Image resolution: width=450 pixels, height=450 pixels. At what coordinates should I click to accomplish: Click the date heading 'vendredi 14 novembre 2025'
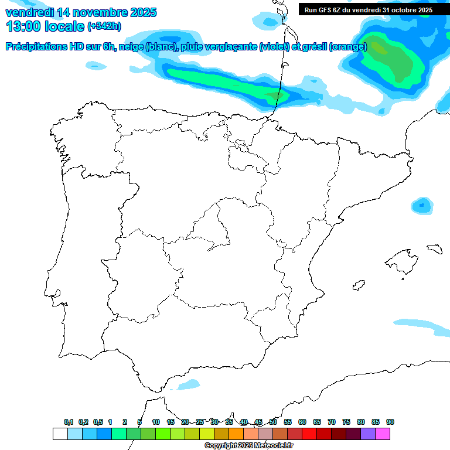tap(81, 12)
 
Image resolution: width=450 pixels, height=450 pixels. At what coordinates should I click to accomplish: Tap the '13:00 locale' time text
tap(45, 26)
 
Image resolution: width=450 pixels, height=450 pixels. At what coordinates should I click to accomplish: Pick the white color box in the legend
tap(60, 434)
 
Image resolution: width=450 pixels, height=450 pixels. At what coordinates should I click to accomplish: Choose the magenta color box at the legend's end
tap(383, 434)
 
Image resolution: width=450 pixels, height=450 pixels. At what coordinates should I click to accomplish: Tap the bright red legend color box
tap(309, 434)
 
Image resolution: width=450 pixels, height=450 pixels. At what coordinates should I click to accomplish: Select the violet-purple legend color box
tap(368, 434)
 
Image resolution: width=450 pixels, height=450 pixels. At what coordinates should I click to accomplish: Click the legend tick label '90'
tap(390, 422)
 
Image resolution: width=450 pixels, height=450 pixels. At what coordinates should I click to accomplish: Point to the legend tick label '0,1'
tap(69, 422)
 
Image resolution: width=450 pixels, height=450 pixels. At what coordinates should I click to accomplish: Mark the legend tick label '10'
tap(156, 422)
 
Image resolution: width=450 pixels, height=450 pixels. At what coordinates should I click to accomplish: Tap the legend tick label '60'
tap(302, 422)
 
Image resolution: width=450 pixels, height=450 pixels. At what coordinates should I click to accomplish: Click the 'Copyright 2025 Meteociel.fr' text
tap(249, 446)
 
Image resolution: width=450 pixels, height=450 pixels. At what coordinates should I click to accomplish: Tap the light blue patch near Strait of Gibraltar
tap(189, 384)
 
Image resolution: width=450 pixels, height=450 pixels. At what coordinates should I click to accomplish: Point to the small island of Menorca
tap(434, 248)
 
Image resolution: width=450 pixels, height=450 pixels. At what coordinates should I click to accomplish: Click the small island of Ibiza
tap(357, 286)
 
